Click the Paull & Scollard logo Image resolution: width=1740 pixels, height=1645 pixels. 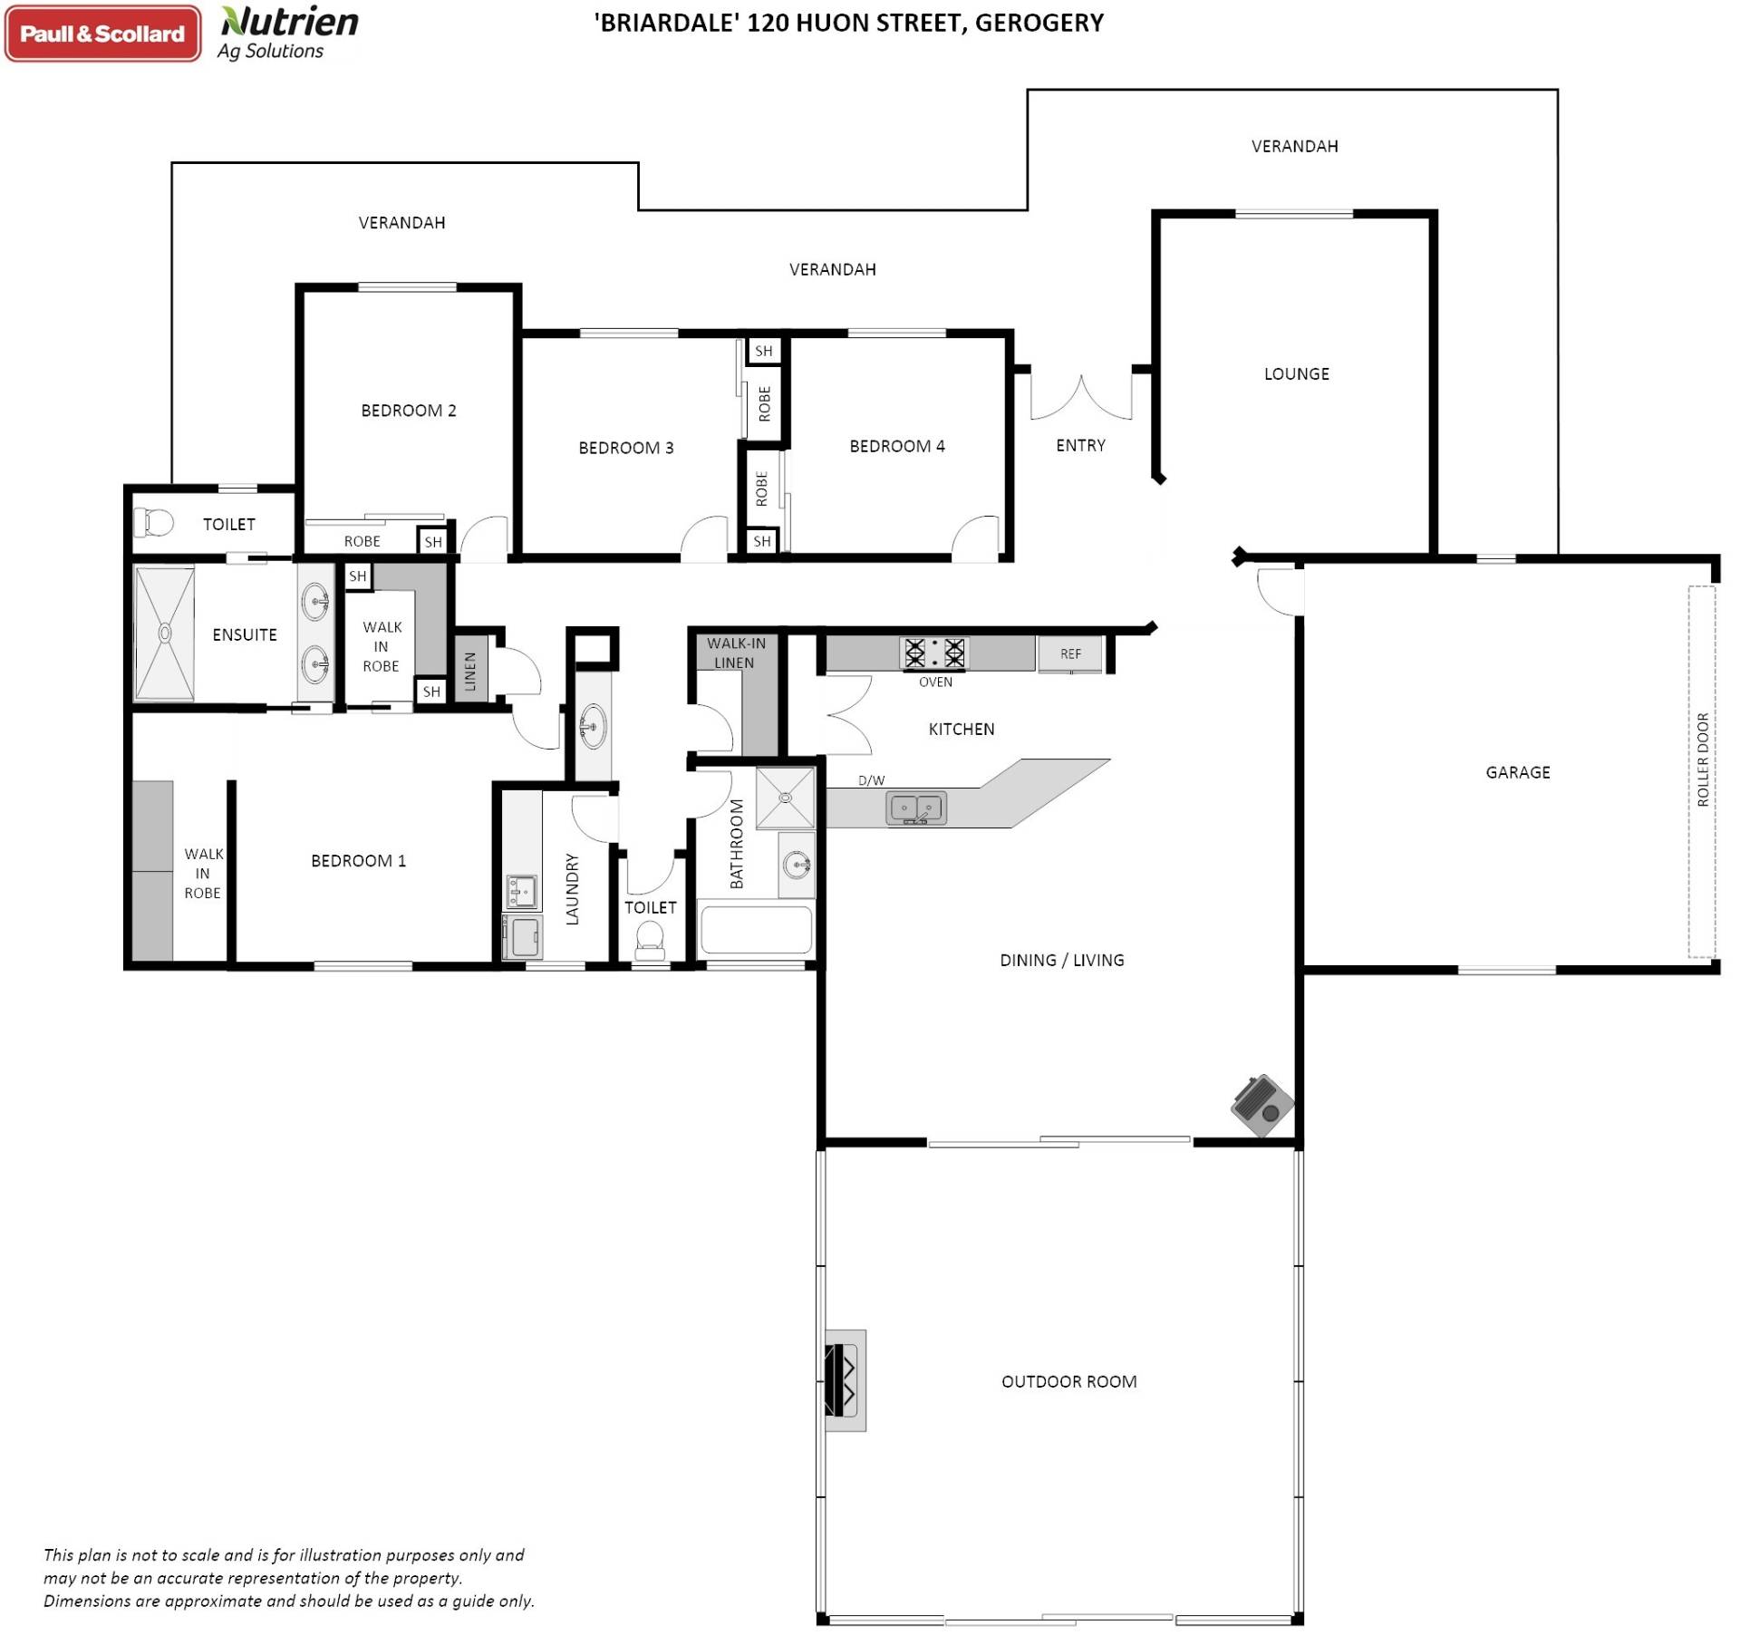pos(102,34)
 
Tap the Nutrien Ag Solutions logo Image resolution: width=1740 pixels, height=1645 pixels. pos(288,34)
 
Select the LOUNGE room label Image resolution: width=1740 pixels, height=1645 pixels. pos(1296,373)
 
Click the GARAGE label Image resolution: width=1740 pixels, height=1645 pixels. pos(1517,772)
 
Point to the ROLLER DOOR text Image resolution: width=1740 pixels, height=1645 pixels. pos(1702,760)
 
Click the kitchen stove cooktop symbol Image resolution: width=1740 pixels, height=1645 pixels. pos(934,653)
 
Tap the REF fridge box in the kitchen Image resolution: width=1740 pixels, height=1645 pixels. pos(1070,653)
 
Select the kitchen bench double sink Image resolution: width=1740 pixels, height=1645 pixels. pos(916,808)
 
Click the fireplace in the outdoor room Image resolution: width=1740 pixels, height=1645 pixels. pos(845,1380)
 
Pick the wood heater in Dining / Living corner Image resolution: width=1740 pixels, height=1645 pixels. pos(1261,1105)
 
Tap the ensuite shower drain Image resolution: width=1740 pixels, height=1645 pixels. pos(165,633)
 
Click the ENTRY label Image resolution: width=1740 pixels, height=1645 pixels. pos(1080,445)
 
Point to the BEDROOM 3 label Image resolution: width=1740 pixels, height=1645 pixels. pos(625,448)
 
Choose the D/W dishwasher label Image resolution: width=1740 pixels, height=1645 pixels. pos(871,780)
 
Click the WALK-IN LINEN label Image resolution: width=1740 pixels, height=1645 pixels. pos(735,653)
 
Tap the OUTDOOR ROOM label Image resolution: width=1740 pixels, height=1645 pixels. pos(1068,1381)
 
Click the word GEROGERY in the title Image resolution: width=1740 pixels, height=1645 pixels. pos(1039,22)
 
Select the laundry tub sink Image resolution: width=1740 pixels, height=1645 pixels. pos(521,891)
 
